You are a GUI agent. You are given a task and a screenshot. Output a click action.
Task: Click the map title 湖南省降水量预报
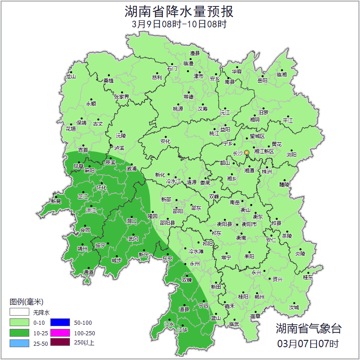pos(180,11)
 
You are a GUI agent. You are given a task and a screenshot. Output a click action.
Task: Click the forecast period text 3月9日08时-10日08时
pos(180,24)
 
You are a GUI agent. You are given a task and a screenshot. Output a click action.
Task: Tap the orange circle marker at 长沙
pos(247,152)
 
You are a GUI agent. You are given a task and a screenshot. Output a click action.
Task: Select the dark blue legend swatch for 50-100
pos(59,323)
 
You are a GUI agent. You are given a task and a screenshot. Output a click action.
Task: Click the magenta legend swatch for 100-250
pos(59,333)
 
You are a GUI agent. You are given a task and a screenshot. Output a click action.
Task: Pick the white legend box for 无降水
pos(19,313)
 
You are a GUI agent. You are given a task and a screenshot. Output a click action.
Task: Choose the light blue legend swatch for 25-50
pos(19,343)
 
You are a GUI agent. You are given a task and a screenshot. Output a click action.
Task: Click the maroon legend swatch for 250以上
pos(59,343)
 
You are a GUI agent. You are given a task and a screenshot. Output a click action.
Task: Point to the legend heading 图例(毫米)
pos(26,302)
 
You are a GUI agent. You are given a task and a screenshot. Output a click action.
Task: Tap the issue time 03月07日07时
pos(308,343)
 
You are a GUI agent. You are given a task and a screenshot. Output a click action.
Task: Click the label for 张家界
pos(122,97)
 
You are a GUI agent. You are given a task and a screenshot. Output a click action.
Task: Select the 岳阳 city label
pos(263,81)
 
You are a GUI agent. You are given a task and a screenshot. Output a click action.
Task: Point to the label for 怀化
pos(101,188)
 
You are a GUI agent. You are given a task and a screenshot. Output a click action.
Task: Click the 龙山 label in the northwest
pos(70,77)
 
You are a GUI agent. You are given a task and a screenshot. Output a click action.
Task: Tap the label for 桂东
pos(308,277)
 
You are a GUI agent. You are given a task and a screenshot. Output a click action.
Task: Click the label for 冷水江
pos(173,182)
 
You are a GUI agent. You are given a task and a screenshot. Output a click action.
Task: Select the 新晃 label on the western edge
pos(56,201)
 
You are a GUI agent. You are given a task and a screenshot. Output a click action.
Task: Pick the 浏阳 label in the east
pos(291,155)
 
